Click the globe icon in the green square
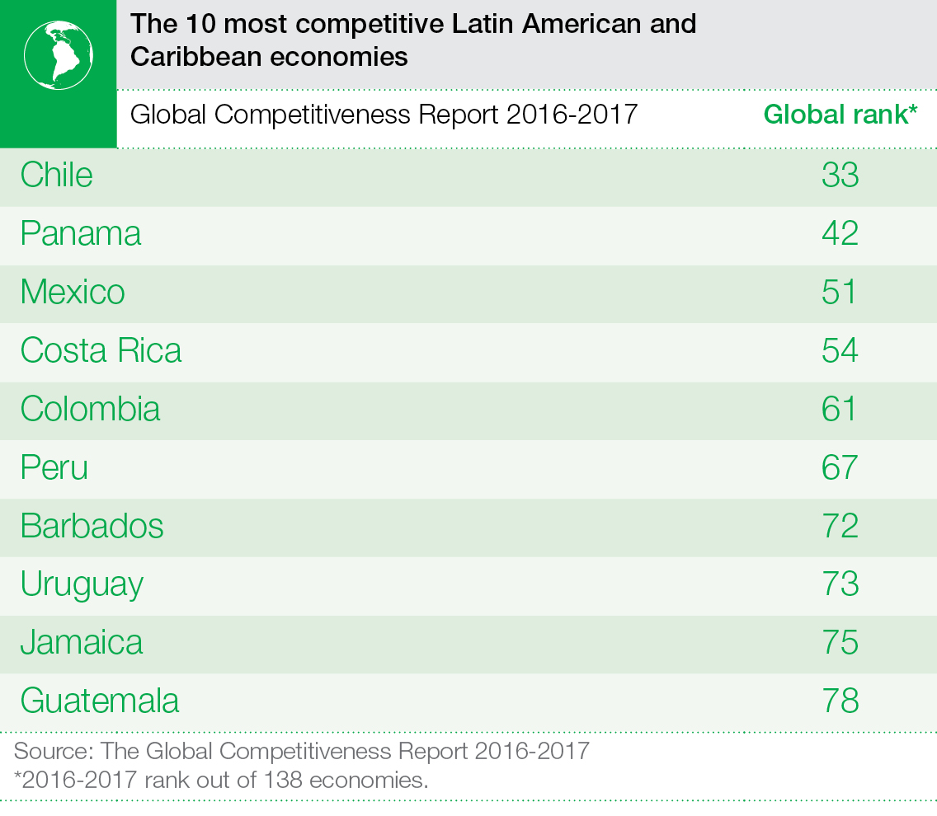[58, 54]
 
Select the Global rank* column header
[840, 114]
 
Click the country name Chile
[56, 175]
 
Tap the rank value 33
[840, 175]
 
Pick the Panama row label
[81, 234]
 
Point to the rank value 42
[840, 234]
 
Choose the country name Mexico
[73, 293]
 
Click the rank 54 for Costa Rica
[840, 351]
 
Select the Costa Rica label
[101, 351]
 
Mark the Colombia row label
[90, 410]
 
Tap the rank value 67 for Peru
[840, 468]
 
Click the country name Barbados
[92, 527]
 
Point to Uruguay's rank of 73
[840, 585]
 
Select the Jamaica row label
[81, 643]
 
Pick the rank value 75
[840, 643]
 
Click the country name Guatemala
[99, 701]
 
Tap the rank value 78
[840, 701]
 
